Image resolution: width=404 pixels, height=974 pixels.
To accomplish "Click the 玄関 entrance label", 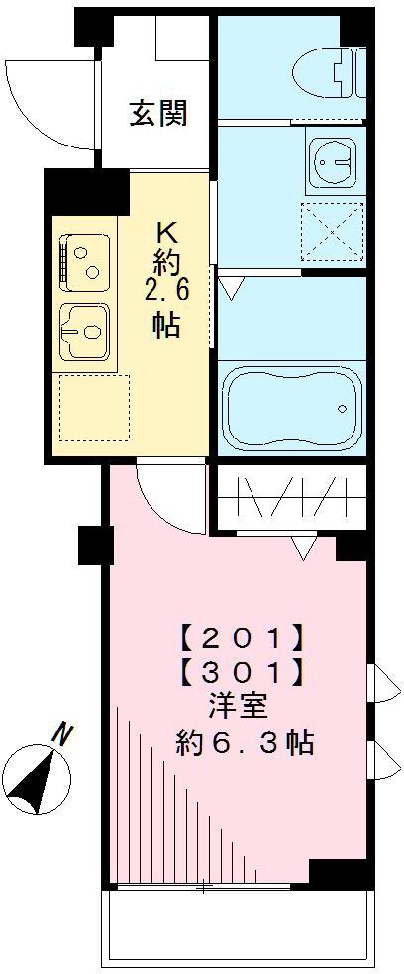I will (157, 114).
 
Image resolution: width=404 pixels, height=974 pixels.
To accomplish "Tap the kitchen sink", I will (85, 331).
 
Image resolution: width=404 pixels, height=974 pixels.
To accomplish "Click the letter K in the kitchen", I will (166, 234).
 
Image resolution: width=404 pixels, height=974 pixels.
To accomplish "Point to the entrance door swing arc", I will (40, 99).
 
